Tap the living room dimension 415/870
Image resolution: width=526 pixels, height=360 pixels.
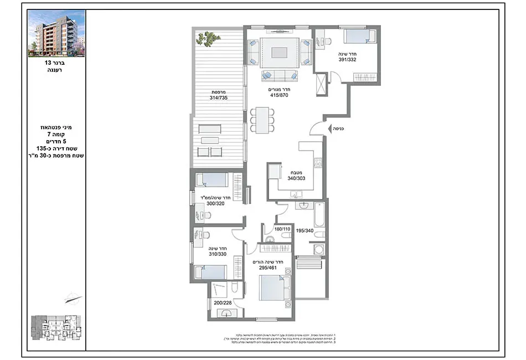coord(279,95)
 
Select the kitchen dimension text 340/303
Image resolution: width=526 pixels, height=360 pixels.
coord(296,178)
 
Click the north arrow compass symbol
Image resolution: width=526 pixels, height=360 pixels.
coord(73,300)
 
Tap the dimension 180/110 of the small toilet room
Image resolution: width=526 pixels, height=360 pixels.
coord(282,229)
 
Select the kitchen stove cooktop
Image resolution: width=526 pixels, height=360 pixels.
coord(318,163)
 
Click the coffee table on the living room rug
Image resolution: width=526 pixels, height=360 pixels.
coord(279,53)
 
